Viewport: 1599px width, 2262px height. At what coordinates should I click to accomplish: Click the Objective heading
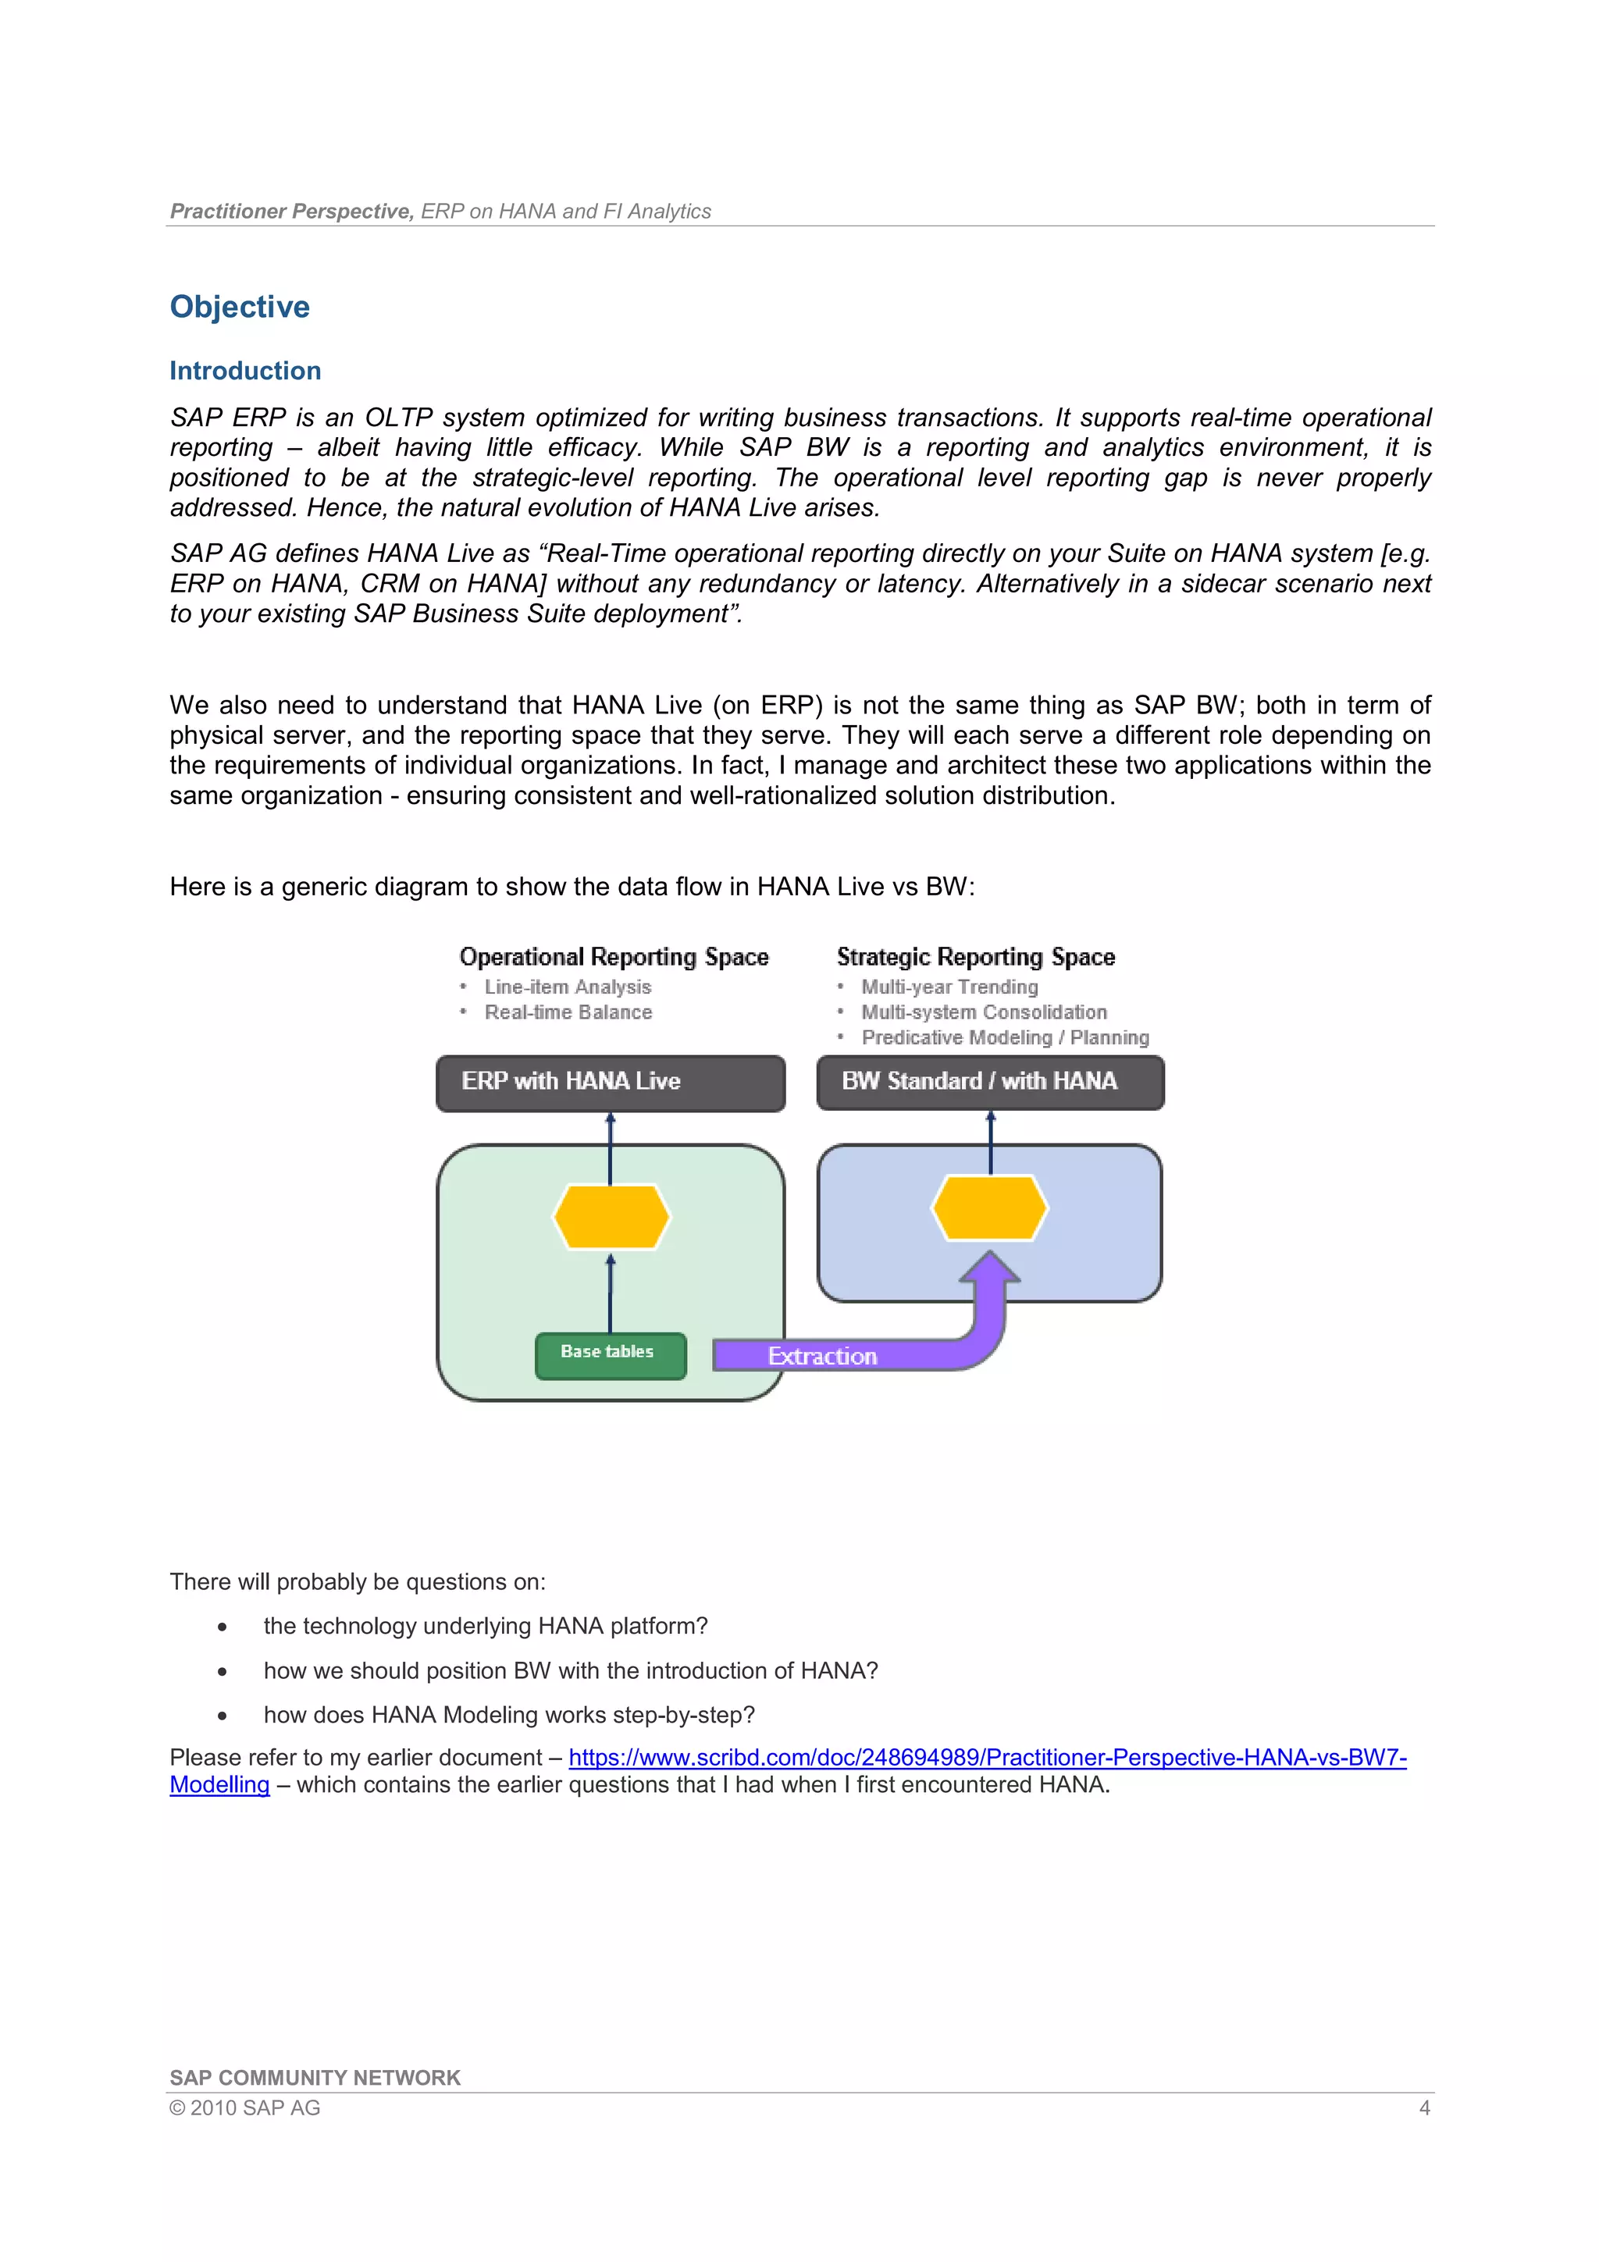(x=240, y=307)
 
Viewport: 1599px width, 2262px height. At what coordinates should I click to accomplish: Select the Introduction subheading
(x=245, y=371)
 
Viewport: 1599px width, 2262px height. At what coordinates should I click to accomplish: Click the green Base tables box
(x=610, y=1355)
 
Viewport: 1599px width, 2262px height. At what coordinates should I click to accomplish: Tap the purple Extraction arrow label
(x=823, y=1356)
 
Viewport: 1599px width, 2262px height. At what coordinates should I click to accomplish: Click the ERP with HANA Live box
(x=610, y=1083)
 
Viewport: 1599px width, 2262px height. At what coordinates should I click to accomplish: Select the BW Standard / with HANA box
(x=989, y=1082)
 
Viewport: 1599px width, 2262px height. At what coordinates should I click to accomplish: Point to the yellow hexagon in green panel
(x=611, y=1217)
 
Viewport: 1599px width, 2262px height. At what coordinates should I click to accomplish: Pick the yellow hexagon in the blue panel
(x=989, y=1207)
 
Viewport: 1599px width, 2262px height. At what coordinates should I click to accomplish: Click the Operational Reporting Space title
(x=614, y=957)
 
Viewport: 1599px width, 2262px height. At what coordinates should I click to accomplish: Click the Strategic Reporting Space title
(x=975, y=957)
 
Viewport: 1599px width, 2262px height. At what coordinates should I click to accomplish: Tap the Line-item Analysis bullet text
(x=568, y=987)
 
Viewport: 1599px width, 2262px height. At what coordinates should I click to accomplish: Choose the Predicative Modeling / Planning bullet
(x=1005, y=1037)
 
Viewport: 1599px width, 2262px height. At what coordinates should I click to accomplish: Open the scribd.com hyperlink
(x=987, y=1758)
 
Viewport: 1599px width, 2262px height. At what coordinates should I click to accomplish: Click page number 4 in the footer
(x=1423, y=2108)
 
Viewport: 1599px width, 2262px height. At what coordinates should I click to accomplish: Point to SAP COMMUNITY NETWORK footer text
(x=315, y=2078)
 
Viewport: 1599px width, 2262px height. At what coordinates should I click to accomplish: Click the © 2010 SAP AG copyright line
(x=244, y=2108)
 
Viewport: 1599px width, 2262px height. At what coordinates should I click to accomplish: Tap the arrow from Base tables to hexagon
(x=610, y=1293)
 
